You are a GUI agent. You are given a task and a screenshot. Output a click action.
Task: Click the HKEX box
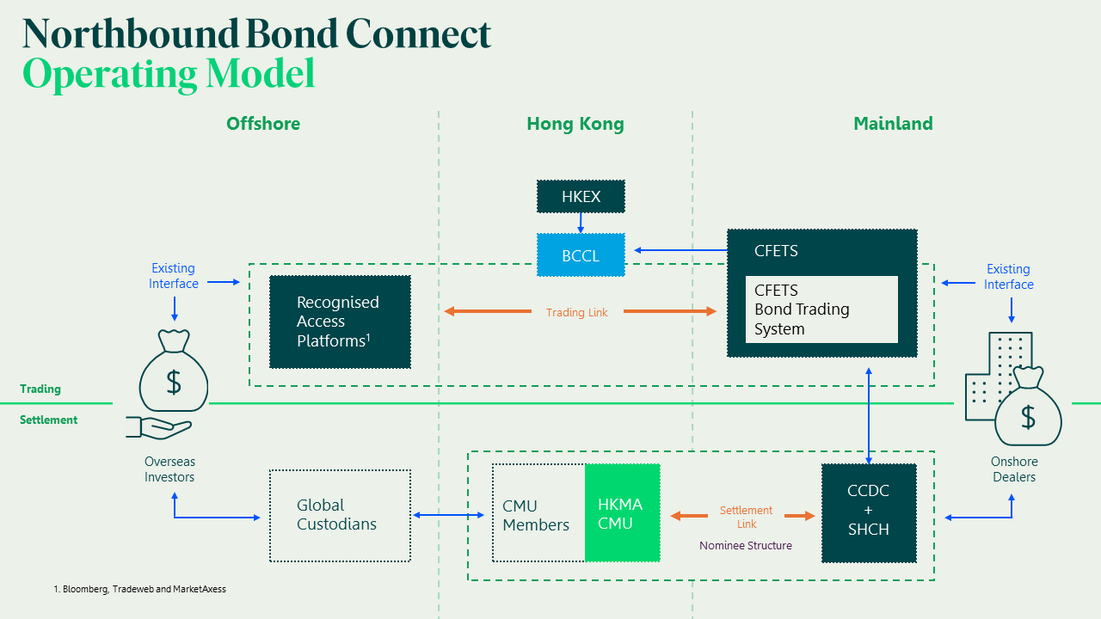581,197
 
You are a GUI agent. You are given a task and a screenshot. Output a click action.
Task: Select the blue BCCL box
581,255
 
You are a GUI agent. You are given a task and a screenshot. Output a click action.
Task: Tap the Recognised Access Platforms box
340,322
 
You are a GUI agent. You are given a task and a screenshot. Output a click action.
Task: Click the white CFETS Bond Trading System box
821,309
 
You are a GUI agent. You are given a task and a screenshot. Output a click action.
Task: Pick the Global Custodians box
340,515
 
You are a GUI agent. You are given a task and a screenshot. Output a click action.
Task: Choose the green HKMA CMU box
622,513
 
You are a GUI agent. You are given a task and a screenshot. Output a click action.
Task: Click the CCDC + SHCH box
869,511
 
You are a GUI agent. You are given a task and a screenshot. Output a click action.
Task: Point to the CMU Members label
536,515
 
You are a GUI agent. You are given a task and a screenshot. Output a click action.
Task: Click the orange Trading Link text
577,312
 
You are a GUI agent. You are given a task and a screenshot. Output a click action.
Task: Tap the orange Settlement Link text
746,517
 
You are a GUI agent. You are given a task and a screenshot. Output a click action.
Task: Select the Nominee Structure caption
746,545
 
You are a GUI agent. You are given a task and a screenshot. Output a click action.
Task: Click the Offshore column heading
263,124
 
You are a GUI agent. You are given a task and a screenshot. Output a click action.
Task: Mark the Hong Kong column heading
575,124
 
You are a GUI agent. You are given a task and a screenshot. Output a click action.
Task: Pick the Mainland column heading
893,124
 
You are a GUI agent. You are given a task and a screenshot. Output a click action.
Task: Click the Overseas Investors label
169,469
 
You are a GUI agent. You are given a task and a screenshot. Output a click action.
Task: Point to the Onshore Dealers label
1014,469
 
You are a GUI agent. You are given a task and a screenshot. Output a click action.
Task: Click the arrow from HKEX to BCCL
581,223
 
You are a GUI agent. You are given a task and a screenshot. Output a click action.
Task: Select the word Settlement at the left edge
49,420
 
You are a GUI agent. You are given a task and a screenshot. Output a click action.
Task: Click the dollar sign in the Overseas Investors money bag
174,383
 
